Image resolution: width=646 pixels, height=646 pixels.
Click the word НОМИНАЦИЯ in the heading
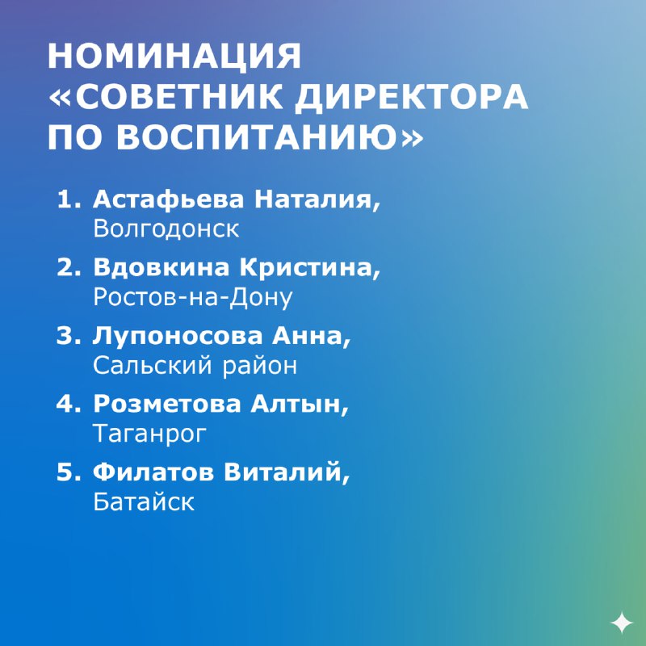174,57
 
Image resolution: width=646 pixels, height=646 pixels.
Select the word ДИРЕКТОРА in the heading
412,98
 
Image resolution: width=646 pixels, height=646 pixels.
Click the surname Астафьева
168,199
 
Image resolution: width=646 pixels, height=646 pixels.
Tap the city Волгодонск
166,229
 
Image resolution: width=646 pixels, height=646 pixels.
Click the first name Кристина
310,269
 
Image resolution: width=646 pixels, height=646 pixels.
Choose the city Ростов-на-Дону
193,297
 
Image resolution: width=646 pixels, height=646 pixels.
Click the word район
260,367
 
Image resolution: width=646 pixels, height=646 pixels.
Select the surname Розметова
167,404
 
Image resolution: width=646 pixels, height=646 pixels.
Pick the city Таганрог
149,434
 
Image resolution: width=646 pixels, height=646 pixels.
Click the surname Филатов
153,472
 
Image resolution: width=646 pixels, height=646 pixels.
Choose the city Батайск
144,501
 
